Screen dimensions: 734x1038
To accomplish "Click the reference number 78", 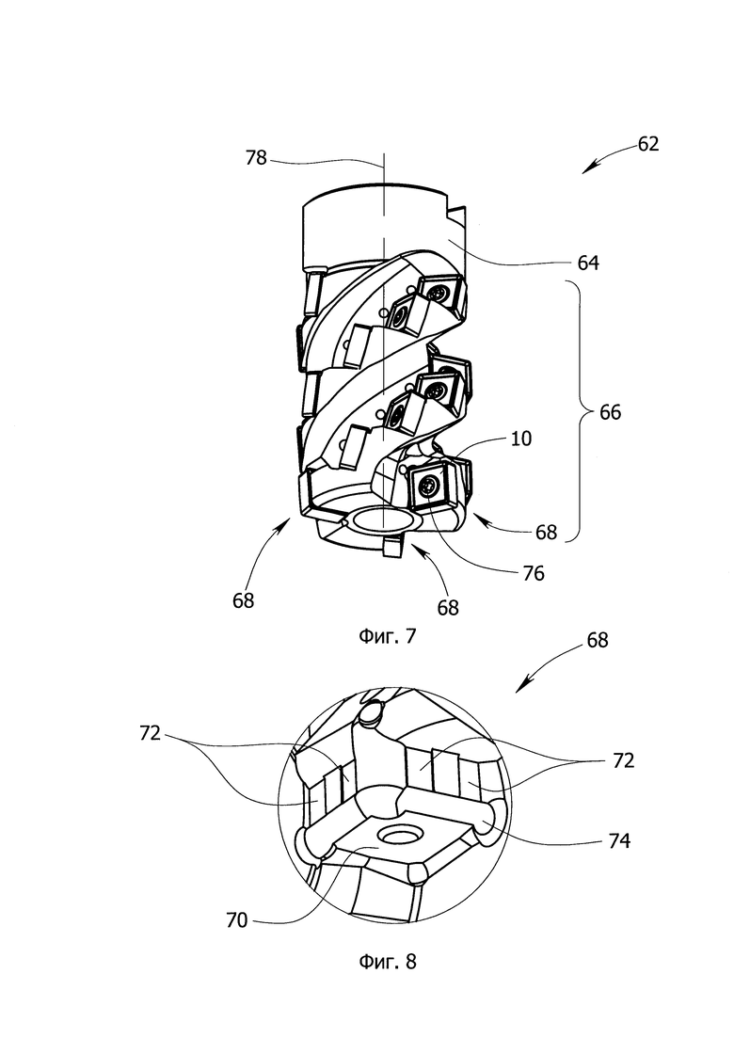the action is coord(256,158).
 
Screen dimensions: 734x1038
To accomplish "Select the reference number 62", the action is coord(648,144).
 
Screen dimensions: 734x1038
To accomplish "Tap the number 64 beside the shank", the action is coord(588,263).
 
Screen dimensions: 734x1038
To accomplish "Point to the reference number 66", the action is coord(610,412).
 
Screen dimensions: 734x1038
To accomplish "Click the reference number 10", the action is coord(521,439).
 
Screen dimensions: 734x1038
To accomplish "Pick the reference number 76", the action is coord(533,572).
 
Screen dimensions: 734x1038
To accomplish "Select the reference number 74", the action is coord(619,840).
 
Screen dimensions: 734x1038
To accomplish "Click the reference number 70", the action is coord(236,920).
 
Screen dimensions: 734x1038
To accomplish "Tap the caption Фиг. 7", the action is coord(388,636).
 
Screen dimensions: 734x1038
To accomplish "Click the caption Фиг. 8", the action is coord(388,961).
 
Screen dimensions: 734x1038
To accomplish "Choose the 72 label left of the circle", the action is coord(151,733).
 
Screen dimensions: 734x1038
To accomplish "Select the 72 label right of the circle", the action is coord(624,760).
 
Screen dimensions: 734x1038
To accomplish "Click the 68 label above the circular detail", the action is coord(597,640).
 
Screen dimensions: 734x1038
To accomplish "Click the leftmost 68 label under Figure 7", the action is coord(244,600).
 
